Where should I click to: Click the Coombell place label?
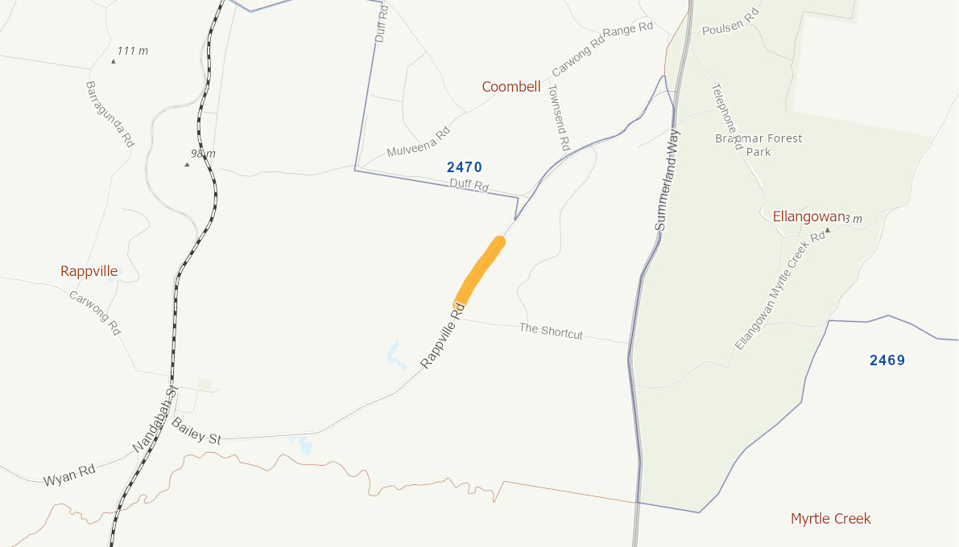[x=511, y=87]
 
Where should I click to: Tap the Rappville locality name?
[x=89, y=271]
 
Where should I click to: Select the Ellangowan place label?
[x=808, y=216]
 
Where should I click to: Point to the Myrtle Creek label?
[x=830, y=519]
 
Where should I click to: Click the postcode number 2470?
[x=464, y=167]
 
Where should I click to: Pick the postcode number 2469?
[x=887, y=360]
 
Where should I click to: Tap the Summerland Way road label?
[x=668, y=180]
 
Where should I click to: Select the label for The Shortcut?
[x=551, y=331]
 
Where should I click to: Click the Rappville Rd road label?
[x=444, y=335]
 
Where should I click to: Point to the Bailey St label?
[x=196, y=435]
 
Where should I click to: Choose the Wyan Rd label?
[x=69, y=475]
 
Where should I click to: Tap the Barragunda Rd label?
[x=110, y=113]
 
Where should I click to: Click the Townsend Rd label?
[x=558, y=117]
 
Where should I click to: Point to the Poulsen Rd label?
[x=730, y=24]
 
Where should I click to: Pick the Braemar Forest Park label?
[x=759, y=145]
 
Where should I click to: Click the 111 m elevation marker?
[x=131, y=51]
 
